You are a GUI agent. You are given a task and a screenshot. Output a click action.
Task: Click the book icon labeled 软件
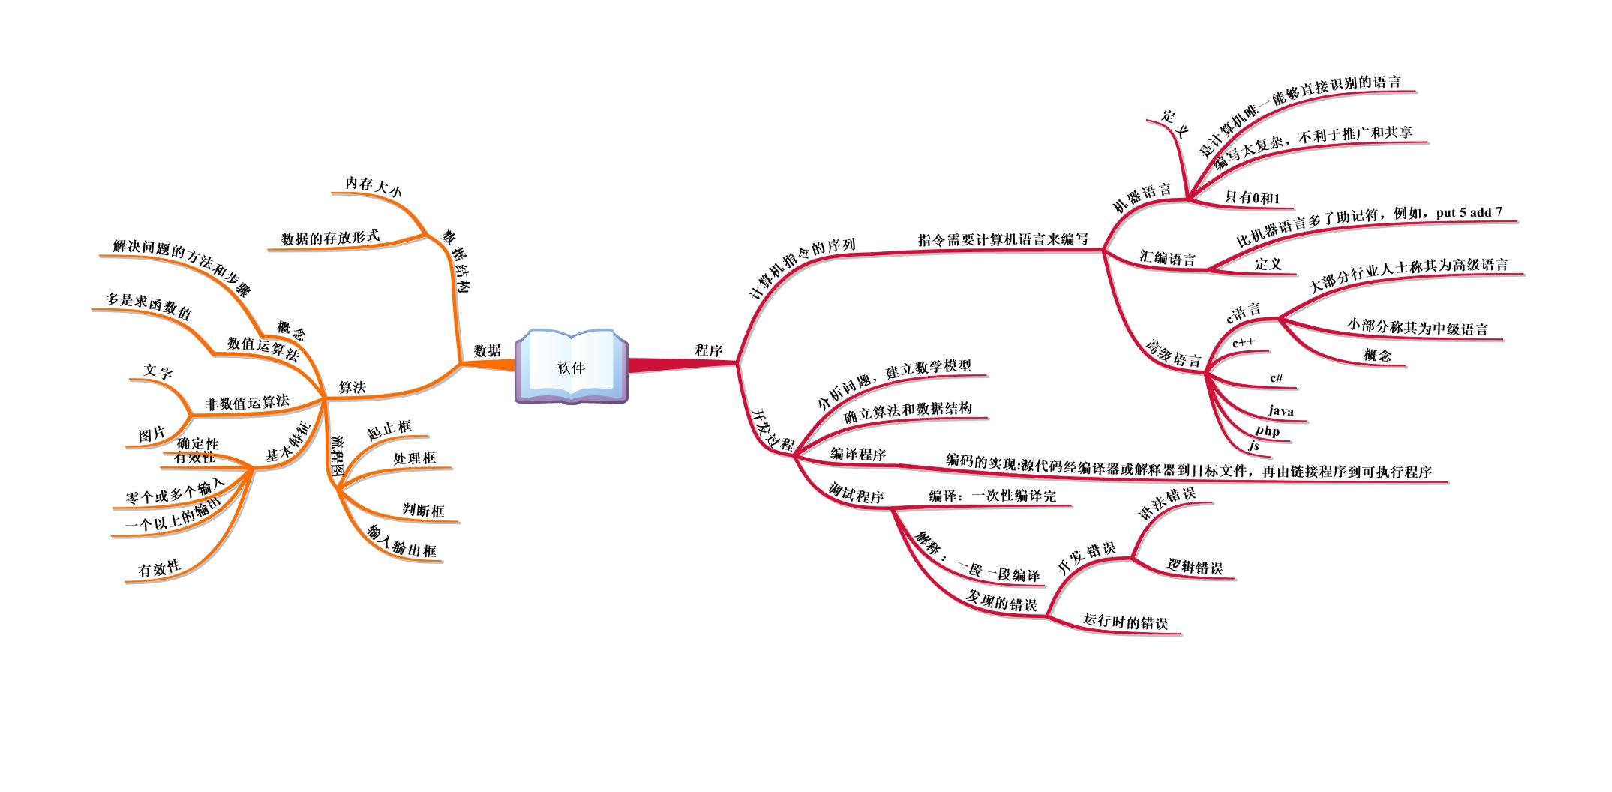click(571, 367)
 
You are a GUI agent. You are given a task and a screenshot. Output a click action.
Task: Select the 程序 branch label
click(708, 350)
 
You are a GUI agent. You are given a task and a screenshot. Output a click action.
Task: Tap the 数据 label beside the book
click(488, 350)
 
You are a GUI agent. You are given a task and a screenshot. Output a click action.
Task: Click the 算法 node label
click(352, 387)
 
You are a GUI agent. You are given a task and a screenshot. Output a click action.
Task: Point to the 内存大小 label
click(373, 185)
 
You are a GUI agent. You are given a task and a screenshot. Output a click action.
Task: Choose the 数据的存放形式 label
click(330, 238)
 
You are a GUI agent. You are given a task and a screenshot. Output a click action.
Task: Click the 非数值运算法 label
click(247, 403)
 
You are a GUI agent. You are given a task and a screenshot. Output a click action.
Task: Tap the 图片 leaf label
click(152, 434)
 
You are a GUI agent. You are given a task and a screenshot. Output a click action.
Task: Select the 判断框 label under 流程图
click(423, 511)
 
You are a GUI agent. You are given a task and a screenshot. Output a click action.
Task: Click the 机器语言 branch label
click(1142, 196)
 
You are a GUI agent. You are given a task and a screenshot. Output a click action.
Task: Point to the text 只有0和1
click(1252, 198)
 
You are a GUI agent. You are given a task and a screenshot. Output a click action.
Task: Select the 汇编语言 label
click(1167, 258)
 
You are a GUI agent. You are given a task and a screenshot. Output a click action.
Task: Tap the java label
click(1281, 411)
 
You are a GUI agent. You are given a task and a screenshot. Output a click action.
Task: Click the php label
click(1268, 430)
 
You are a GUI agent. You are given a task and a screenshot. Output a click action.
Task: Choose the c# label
click(1276, 378)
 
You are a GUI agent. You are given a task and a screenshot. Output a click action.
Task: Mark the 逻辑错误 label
click(1195, 567)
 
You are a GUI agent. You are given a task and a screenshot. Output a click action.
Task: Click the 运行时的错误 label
click(1125, 622)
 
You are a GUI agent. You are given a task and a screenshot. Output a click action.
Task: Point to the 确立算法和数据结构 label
click(908, 412)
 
